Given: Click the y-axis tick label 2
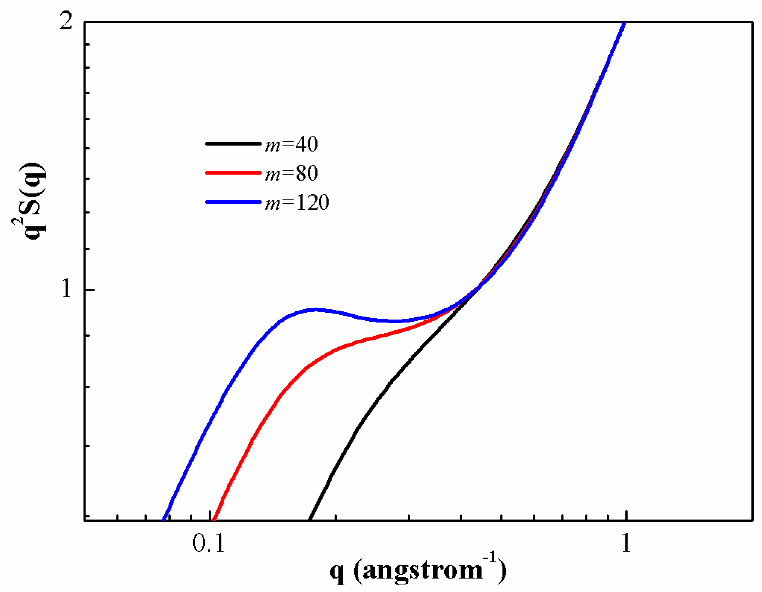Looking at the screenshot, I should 66,21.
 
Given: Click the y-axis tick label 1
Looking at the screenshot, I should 66,289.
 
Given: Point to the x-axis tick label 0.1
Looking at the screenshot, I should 209,543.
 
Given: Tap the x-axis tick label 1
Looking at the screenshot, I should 626,543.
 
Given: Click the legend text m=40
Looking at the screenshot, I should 292,144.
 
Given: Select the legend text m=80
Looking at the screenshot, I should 292,173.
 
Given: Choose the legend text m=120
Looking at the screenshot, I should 297,203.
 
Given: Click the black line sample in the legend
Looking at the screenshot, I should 233,144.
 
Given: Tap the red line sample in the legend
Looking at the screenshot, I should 233,173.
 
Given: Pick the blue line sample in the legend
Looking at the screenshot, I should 233,202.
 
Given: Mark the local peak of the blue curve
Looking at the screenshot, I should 316,310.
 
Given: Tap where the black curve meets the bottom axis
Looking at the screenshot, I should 310,519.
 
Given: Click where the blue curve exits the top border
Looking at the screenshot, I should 624,23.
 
